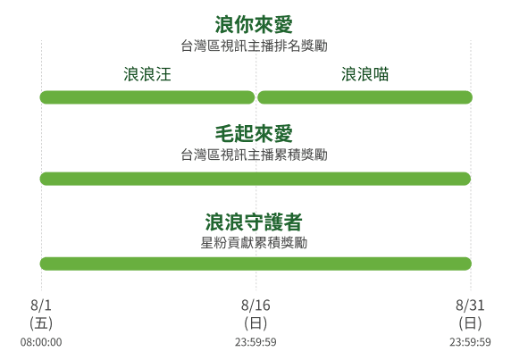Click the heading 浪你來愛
click(x=254, y=25)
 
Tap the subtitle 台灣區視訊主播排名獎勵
click(x=255, y=46)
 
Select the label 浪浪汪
click(x=147, y=74)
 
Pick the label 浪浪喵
click(x=365, y=74)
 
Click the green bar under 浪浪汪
click(x=147, y=97)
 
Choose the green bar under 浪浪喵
click(x=365, y=97)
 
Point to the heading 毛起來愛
click(x=254, y=134)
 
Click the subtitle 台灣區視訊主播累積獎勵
click(x=255, y=155)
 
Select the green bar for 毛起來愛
click(x=255, y=179)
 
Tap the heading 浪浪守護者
click(x=254, y=222)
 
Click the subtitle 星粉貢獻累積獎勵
click(x=254, y=243)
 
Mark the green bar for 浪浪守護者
click(x=255, y=264)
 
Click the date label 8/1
click(x=41, y=306)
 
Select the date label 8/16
click(x=255, y=306)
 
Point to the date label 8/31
click(x=470, y=306)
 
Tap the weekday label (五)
click(x=41, y=323)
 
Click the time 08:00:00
click(x=41, y=342)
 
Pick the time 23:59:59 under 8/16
click(x=255, y=342)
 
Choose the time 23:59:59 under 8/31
click(x=470, y=342)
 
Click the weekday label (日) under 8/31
click(x=470, y=323)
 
